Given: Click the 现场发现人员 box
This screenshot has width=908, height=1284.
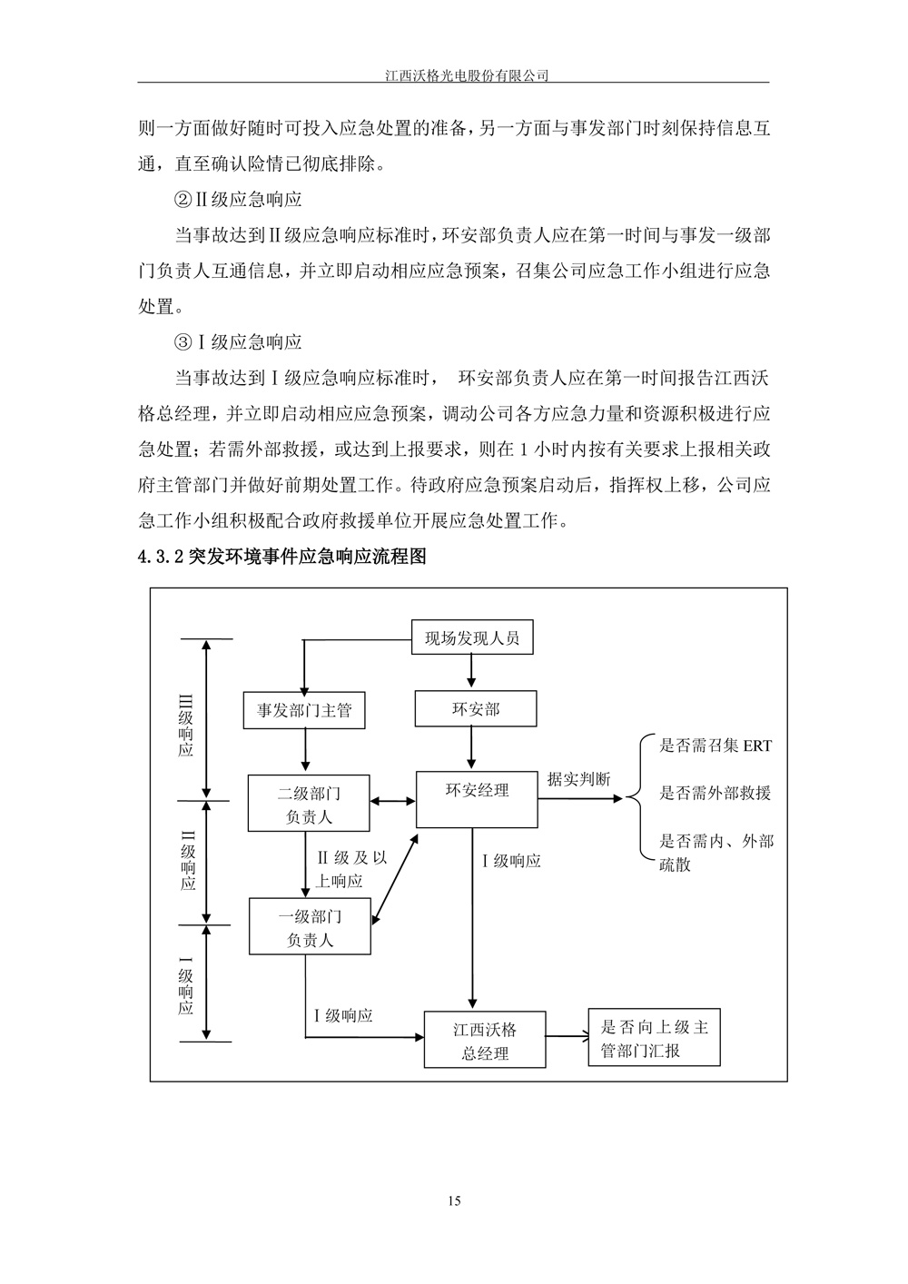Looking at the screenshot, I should (472, 638).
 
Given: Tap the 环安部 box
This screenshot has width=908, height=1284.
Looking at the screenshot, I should (474, 709).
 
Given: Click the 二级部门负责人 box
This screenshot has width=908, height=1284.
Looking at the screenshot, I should (309, 804).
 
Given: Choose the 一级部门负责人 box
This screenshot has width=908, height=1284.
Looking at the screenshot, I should (310, 927).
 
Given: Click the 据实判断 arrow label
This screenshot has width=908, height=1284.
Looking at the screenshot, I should (578, 779).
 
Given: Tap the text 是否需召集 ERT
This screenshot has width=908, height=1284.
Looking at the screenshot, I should (715, 746).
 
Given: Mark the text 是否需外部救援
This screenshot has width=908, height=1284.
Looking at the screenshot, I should (715, 793).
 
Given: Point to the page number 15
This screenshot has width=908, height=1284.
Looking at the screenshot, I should (454, 1201).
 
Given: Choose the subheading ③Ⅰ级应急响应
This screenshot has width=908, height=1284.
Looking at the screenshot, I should (238, 342).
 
